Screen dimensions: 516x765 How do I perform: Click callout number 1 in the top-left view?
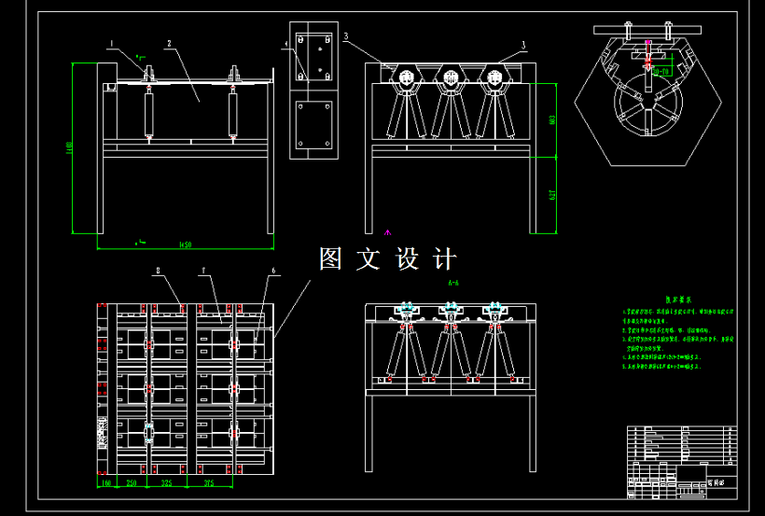pos(111,43)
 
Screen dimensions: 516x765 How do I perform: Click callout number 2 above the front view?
pos(168,43)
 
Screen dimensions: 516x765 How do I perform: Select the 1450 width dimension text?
pos(184,245)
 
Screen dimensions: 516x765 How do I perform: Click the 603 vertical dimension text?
pos(553,118)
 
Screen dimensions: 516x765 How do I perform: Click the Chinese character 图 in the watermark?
pos(332,258)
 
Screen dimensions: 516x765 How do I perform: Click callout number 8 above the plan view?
pos(158,271)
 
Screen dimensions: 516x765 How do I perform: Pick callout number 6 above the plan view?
pos(273,271)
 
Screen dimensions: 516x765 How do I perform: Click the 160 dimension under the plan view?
pos(105,483)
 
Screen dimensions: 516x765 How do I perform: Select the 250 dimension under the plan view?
pos(132,483)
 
